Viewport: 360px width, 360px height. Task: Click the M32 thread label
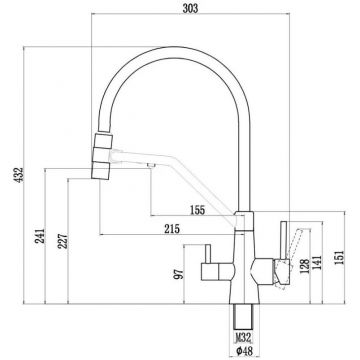[x=240, y=339]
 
